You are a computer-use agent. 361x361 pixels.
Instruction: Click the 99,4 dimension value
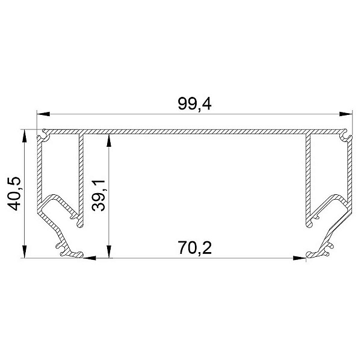pyautogui.click(x=194, y=104)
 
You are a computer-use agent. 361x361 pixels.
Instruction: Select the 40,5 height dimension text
pyautogui.click(x=14, y=194)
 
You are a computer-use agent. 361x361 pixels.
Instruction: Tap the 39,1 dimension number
pyautogui.click(x=98, y=196)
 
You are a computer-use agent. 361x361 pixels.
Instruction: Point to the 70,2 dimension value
pyautogui.click(x=194, y=248)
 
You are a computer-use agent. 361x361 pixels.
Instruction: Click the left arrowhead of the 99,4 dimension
pyautogui.click(x=43, y=114)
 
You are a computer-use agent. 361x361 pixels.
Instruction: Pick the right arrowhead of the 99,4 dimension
pyautogui.click(x=346, y=114)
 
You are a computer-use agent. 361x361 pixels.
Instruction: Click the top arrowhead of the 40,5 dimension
pyautogui.click(x=25, y=137)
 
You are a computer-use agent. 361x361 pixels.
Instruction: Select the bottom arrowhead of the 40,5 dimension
pyautogui.click(x=25, y=251)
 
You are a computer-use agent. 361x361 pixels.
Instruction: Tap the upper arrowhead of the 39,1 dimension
pyautogui.click(x=109, y=140)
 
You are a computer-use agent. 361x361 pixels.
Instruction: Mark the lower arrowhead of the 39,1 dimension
pyautogui.click(x=109, y=251)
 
